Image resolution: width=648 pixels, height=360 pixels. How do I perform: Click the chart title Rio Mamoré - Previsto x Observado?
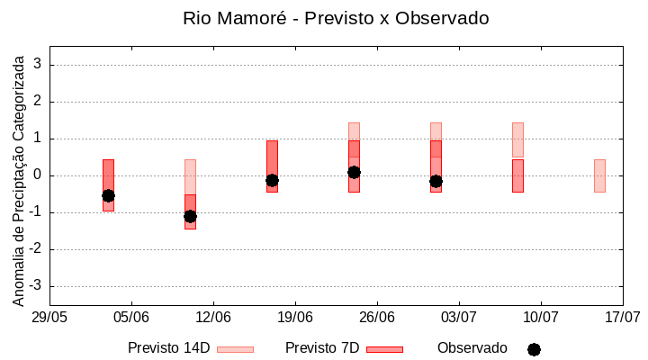point(336,18)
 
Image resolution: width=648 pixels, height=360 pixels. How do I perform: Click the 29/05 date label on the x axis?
point(49,317)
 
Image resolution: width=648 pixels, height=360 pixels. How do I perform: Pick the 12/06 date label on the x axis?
point(213,317)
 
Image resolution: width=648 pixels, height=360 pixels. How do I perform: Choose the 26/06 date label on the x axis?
point(377,317)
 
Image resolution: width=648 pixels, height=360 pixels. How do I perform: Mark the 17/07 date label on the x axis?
point(622,317)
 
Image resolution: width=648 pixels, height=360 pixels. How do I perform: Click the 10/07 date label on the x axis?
point(540,317)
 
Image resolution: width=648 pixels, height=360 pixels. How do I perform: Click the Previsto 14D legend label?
point(168,348)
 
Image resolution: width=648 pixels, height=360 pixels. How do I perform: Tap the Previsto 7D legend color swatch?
point(384,349)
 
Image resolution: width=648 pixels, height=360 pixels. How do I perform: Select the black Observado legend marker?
point(534,349)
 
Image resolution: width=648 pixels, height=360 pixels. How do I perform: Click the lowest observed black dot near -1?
point(190,216)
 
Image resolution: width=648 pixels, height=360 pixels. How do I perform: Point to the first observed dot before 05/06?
point(108,195)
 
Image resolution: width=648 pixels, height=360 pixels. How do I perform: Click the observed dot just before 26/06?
point(354,172)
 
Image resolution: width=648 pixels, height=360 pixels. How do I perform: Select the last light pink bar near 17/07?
point(599,175)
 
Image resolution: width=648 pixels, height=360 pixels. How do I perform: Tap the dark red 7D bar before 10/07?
point(517,175)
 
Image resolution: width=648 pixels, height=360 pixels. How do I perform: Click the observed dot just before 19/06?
point(272,180)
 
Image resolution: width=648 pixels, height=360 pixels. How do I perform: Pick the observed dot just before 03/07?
point(436,181)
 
